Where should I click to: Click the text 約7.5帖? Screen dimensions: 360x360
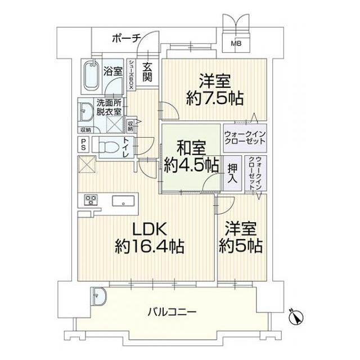(215, 99)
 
